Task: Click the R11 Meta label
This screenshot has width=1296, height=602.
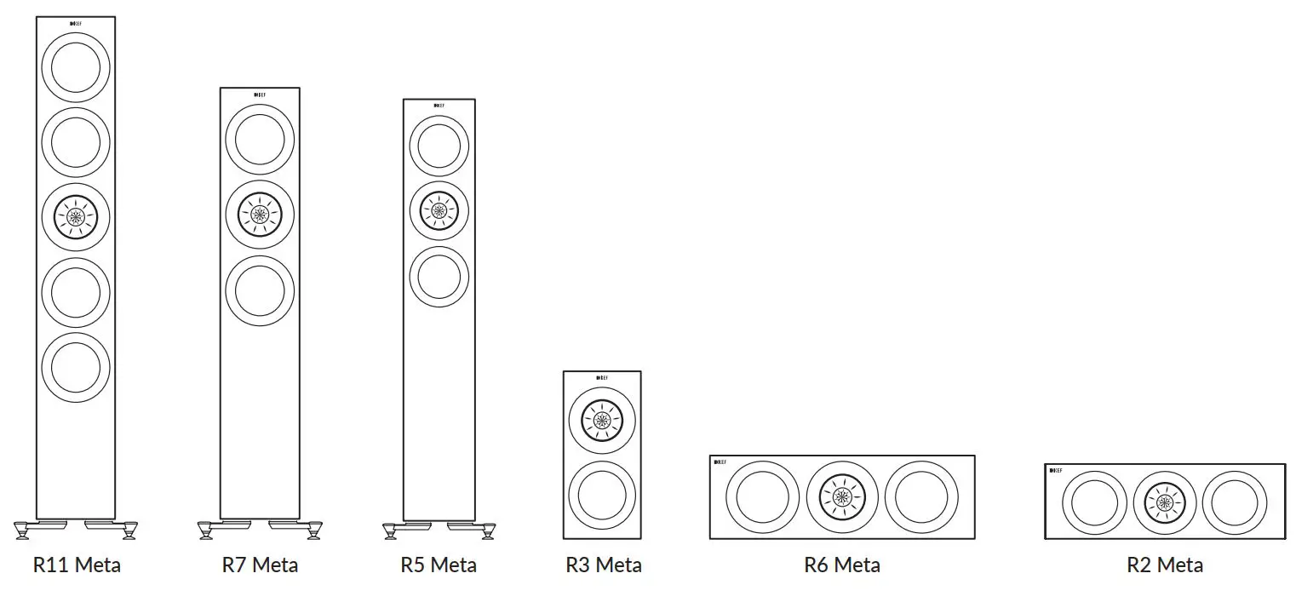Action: [x=77, y=565]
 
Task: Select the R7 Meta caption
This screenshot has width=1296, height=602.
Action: [x=260, y=565]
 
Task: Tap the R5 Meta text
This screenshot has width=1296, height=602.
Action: [x=439, y=565]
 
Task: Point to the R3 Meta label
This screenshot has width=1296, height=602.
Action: [x=603, y=565]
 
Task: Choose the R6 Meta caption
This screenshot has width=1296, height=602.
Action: [x=841, y=565]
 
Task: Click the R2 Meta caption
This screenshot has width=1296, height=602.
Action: [x=1164, y=565]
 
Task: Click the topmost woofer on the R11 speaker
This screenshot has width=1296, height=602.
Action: [x=76, y=68]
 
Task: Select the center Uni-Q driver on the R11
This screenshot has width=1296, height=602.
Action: [x=76, y=217]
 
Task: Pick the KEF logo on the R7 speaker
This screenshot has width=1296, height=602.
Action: [x=260, y=94]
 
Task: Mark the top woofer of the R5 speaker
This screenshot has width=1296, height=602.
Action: [x=439, y=146]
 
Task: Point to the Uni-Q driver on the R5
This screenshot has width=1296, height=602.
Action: [x=439, y=210]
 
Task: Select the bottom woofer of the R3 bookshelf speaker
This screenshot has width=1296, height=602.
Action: [x=602, y=495]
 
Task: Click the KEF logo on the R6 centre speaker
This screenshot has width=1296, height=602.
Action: [x=720, y=462]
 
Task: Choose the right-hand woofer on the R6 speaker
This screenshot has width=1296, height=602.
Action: [x=916, y=496]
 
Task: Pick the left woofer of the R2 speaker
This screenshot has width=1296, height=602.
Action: [x=1094, y=502]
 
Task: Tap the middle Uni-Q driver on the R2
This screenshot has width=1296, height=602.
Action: [x=1164, y=502]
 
